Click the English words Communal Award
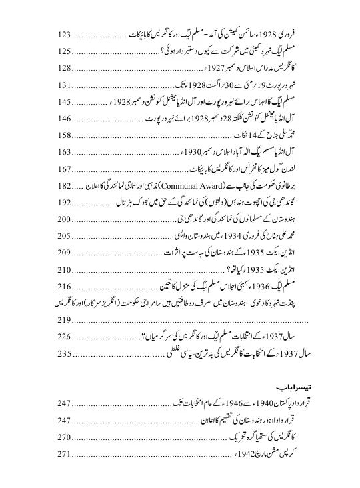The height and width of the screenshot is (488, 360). (189, 186)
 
